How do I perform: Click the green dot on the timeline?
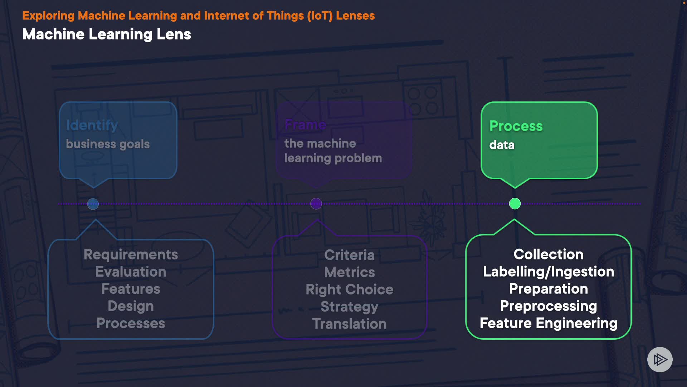[515, 204]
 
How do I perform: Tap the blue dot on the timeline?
[93, 204]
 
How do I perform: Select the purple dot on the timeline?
[316, 204]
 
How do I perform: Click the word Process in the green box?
[516, 126]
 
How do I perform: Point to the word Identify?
[92, 125]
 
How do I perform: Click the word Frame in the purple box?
[305, 125]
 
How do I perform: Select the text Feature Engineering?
[548, 323]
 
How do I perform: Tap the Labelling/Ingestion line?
[548, 272]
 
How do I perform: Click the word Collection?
[548, 254]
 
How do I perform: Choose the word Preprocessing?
[548, 306]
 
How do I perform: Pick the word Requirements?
[131, 255]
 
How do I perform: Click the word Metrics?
[349, 272]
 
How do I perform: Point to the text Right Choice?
[349, 290]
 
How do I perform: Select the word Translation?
[349, 324]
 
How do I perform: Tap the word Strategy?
[349, 307]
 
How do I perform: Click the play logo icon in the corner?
[660, 359]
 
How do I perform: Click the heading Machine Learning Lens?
[107, 34]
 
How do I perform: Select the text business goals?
[108, 144]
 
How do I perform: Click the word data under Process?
[502, 145]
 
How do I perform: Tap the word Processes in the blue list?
[131, 324]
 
